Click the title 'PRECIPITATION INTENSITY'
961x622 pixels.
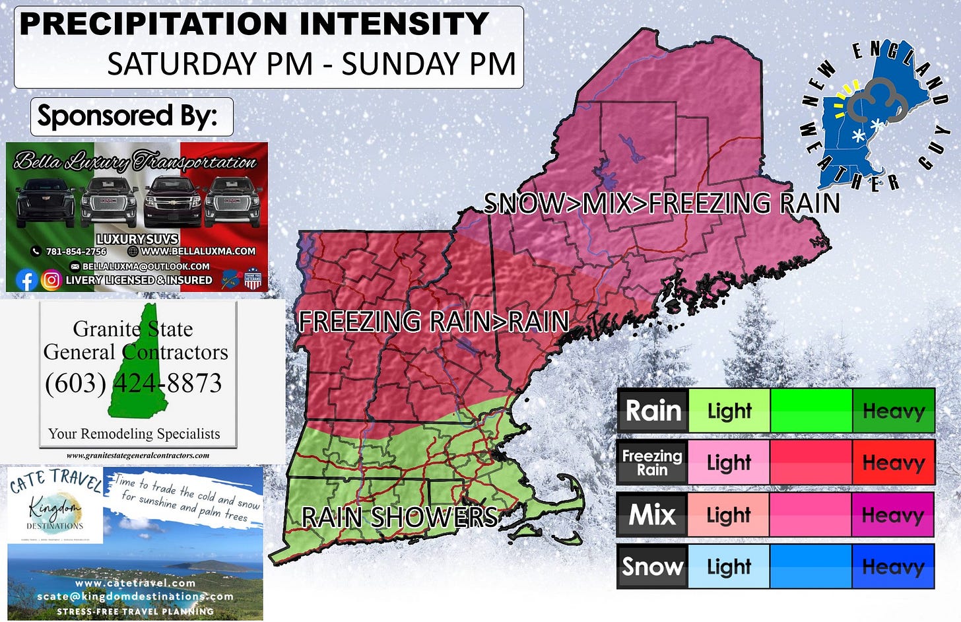254,24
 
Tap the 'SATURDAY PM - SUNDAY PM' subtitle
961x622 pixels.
312,64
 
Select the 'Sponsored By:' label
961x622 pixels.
127,116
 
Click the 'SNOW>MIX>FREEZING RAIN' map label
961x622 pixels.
662,203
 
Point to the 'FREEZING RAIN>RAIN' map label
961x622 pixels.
434,322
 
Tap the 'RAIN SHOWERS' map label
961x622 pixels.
399,517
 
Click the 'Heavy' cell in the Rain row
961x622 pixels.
893,411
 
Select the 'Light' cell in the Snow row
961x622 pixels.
729,567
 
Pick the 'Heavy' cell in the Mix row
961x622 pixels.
893,514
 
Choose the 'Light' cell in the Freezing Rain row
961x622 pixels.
729,462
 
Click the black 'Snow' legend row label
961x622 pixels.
652,567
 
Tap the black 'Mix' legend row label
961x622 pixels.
652,514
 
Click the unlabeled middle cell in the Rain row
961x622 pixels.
811,411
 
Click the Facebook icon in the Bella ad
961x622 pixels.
26,280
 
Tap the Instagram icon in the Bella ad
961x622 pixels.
51,280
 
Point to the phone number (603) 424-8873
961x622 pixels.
133,383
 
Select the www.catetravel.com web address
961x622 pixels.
135,583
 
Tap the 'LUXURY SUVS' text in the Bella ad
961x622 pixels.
137,239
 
